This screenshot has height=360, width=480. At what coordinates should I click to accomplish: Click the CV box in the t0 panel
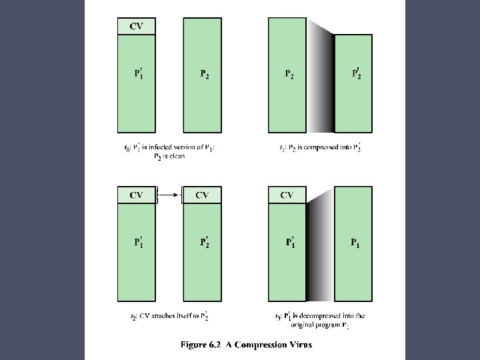137,26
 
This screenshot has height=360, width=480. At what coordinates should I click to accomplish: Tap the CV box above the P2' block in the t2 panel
202,195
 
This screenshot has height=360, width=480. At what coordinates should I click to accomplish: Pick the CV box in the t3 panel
287,195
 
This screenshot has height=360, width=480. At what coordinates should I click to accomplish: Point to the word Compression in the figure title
259,345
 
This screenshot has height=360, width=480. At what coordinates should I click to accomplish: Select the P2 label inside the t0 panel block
205,74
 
